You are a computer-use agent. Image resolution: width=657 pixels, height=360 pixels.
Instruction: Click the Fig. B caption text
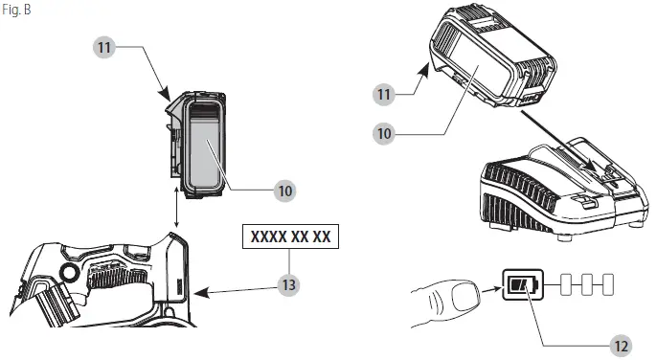tap(16, 10)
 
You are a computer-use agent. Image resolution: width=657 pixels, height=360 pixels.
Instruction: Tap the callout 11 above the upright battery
tap(104, 47)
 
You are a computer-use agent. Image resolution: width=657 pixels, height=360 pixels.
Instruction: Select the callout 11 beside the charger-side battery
tap(384, 94)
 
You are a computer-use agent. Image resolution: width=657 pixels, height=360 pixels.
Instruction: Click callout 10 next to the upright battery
tap(285, 191)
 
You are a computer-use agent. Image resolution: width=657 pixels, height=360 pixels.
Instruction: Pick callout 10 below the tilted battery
tap(384, 134)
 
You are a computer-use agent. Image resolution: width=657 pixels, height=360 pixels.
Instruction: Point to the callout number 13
tap(289, 285)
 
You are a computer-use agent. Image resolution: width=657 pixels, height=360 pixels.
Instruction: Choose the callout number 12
tap(621, 347)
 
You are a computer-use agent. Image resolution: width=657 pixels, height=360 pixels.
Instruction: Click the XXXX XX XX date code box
tap(290, 236)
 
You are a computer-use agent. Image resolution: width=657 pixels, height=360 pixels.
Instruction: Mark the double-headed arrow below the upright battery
tap(176, 208)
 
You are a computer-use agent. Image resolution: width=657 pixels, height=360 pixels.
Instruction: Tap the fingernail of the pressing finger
tap(465, 297)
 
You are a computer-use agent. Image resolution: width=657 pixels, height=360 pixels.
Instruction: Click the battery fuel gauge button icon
tap(523, 284)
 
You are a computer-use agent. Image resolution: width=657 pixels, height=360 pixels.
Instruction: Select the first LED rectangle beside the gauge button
tap(566, 284)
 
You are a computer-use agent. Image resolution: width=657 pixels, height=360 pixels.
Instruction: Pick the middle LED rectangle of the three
tap(587, 284)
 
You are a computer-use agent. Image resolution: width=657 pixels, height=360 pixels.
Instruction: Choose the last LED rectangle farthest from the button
tap(608, 284)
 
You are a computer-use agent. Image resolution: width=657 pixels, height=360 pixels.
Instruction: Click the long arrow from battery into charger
tap(558, 140)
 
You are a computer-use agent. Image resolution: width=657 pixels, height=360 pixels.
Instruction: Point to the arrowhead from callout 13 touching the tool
tap(201, 292)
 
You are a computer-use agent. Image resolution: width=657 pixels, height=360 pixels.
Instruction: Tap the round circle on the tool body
tap(69, 273)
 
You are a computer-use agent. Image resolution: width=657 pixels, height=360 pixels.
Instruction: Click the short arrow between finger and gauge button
tap(491, 289)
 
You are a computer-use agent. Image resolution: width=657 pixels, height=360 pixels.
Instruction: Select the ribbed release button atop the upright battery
tap(204, 112)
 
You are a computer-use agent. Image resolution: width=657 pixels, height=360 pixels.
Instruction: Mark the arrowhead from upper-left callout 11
tap(166, 94)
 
